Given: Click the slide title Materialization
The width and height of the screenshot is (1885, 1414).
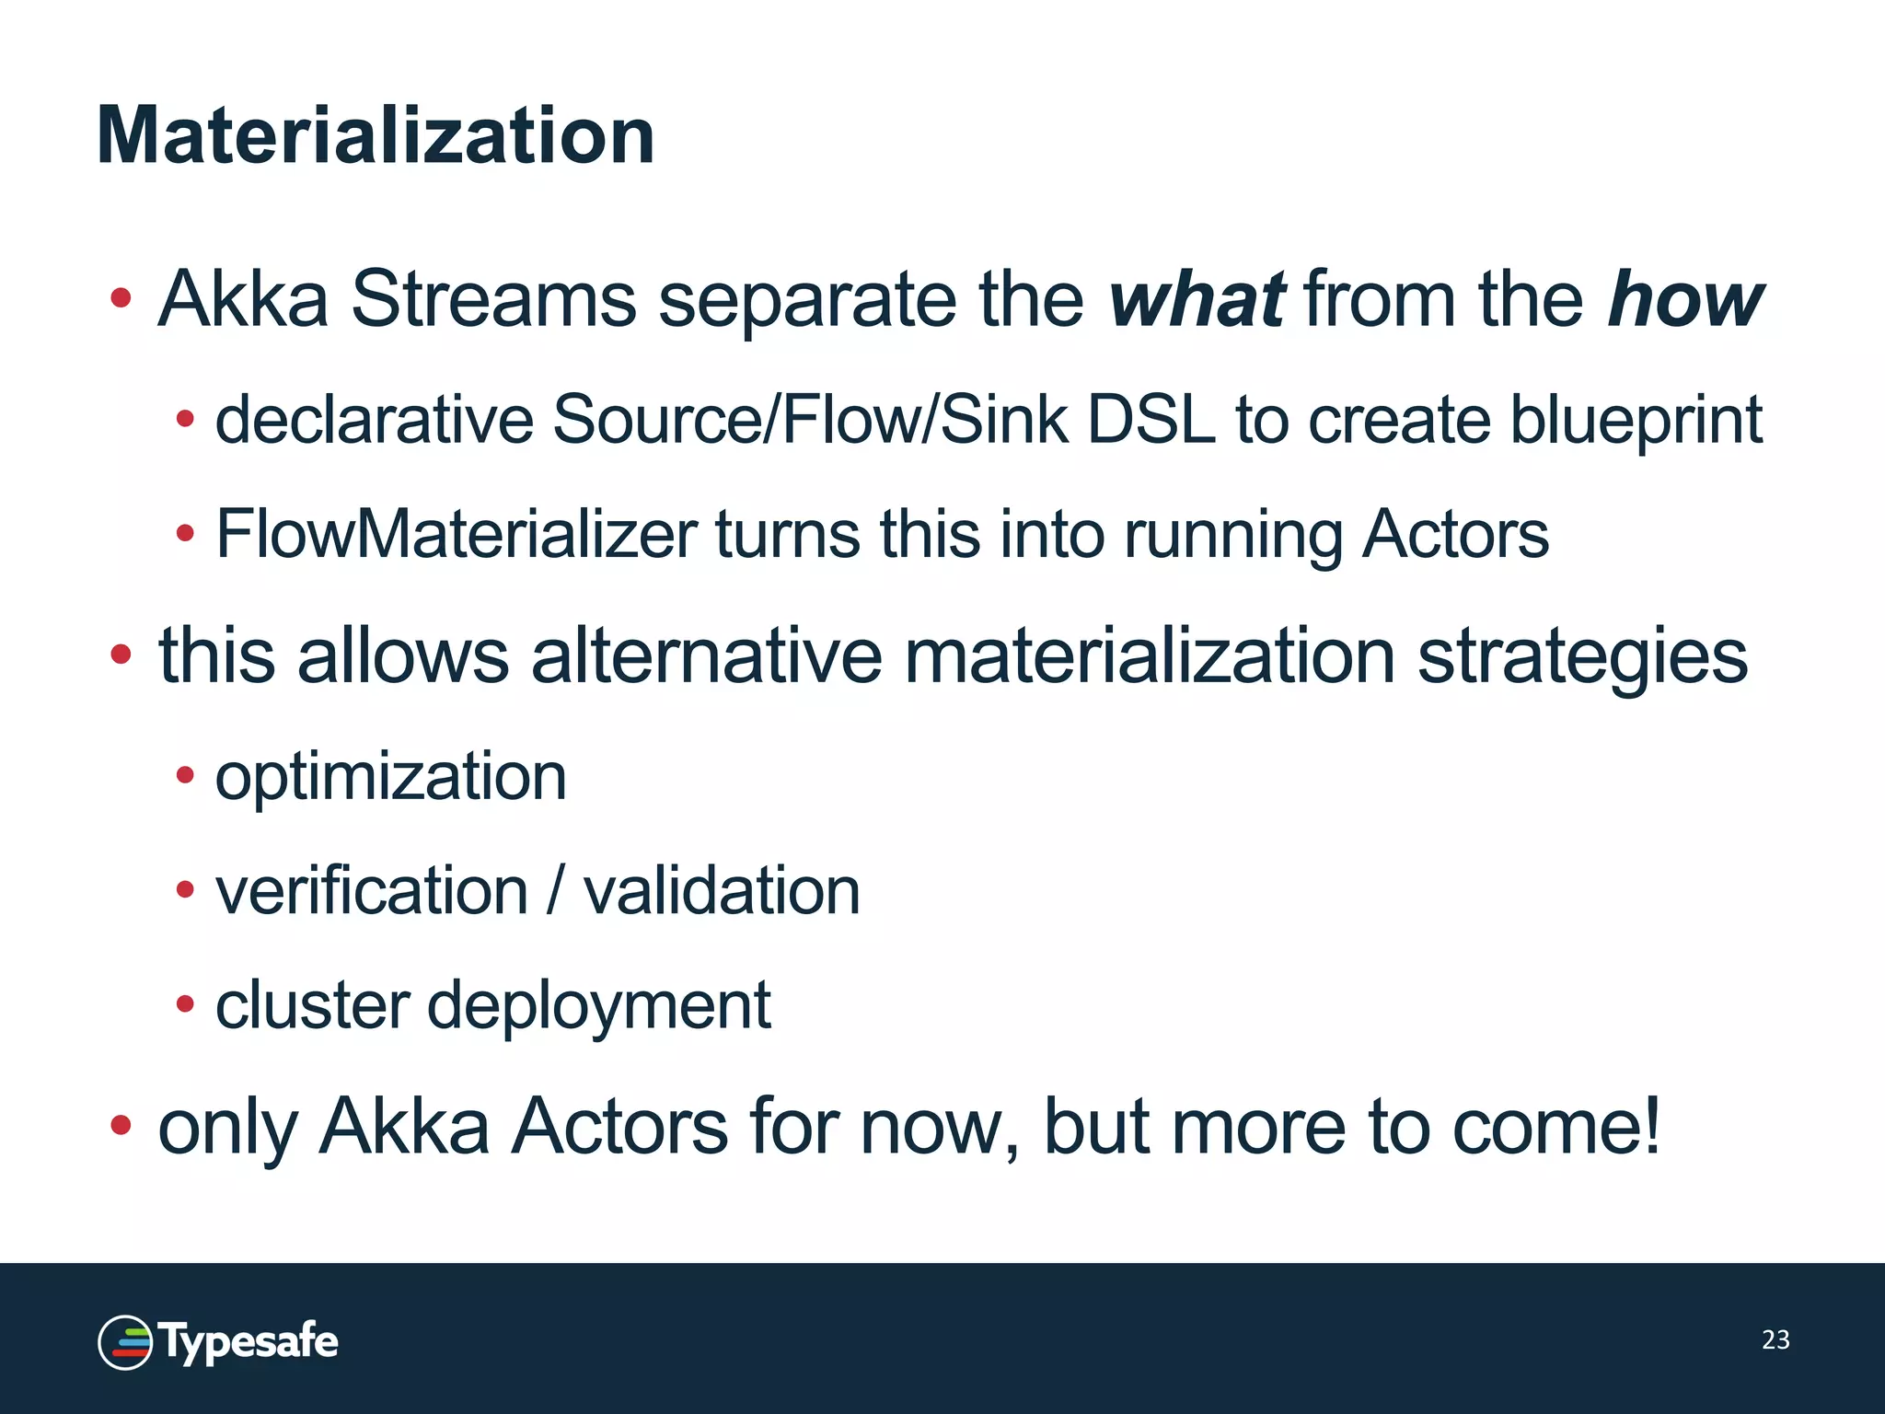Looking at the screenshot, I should coord(376,136).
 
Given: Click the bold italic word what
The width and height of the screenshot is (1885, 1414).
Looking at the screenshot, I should coord(1197,299).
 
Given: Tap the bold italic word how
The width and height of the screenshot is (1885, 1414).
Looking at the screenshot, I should coord(1684,299).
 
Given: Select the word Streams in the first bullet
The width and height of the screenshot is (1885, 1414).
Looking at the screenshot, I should coord(493,299).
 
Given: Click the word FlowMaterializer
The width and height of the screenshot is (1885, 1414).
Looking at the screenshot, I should coord(457,534).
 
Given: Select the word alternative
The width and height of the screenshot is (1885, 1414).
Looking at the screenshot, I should coord(707,656).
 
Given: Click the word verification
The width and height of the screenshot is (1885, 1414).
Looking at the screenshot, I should coord(372,891).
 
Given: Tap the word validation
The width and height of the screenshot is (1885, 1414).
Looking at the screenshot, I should coord(722,891).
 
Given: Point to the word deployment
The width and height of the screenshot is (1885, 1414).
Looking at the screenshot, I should coord(598,1006).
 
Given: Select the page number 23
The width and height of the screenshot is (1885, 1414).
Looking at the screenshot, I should coord(1775,1340).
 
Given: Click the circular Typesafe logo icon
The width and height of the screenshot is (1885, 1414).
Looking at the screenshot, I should coord(125,1342).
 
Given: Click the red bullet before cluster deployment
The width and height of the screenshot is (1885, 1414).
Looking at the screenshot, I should coord(185,1003).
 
